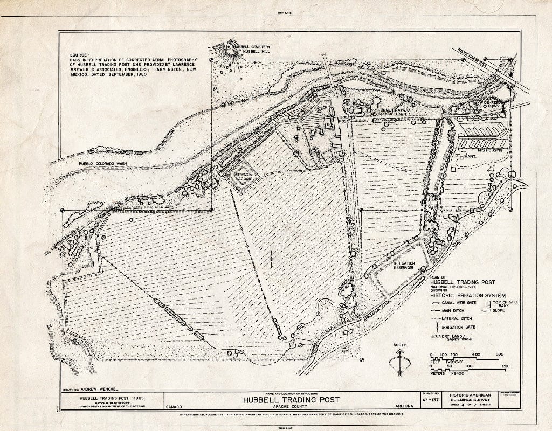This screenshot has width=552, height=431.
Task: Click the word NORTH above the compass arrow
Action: tap(399, 345)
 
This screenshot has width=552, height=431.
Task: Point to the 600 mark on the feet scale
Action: tap(499, 354)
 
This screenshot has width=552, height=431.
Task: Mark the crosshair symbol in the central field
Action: tap(271, 259)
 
